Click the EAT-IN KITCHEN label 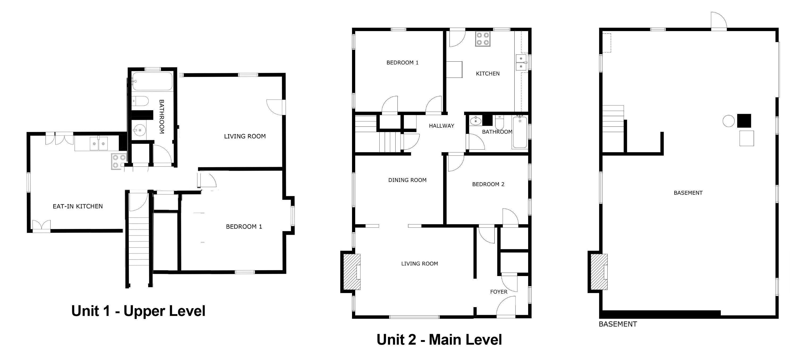78,206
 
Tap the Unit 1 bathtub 152,81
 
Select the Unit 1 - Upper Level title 138,311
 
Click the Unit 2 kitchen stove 483,39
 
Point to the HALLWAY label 441,126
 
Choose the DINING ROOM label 407,180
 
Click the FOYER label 499,292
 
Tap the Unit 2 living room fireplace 352,272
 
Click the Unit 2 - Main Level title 439,340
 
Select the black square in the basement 744,121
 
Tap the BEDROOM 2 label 488,184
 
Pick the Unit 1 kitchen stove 119,161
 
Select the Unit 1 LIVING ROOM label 245,136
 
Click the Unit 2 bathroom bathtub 520,132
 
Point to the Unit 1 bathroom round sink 139,130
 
